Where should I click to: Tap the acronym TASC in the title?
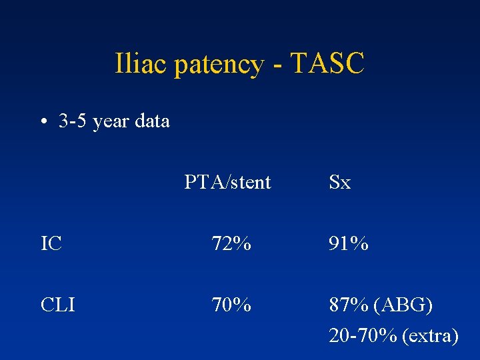point(327,65)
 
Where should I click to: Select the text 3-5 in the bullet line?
point(73,121)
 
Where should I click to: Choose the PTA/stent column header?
point(227,182)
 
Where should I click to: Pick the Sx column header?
point(339,182)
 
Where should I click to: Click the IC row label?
point(51,244)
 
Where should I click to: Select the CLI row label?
point(57,305)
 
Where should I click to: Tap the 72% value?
point(231,244)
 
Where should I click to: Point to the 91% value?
point(349,244)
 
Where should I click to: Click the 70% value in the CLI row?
point(231,305)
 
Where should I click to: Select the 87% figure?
point(349,305)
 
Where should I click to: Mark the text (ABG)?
point(403,306)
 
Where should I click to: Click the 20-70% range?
point(362,336)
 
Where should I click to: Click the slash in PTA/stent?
point(227,182)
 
